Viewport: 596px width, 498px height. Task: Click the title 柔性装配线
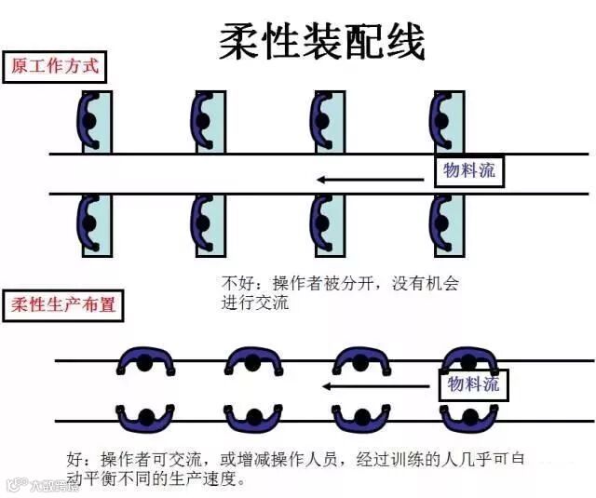click(x=322, y=41)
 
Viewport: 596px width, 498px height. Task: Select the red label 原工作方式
click(x=53, y=67)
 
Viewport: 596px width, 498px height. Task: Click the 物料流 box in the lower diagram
click(x=473, y=384)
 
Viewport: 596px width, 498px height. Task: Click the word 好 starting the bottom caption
click(x=74, y=460)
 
